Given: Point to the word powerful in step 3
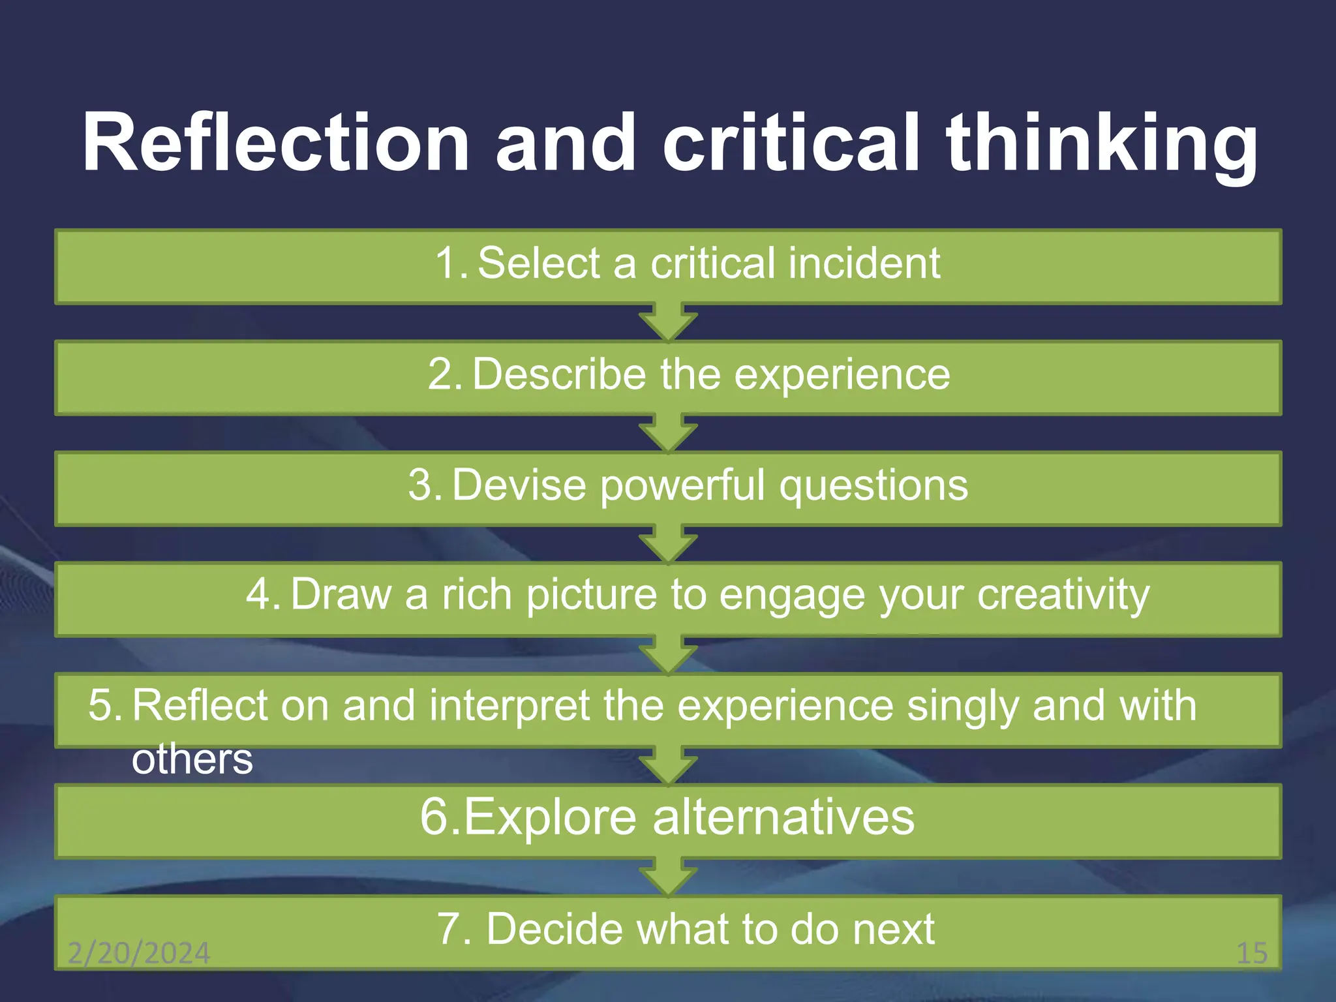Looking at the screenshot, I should [x=682, y=486].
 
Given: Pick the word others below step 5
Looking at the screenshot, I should [x=192, y=759].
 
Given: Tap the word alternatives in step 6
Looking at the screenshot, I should [x=783, y=817].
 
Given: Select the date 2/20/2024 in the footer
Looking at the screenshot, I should [x=139, y=953].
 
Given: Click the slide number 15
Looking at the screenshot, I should [x=1252, y=953].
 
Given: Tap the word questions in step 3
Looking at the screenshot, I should [x=873, y=486].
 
